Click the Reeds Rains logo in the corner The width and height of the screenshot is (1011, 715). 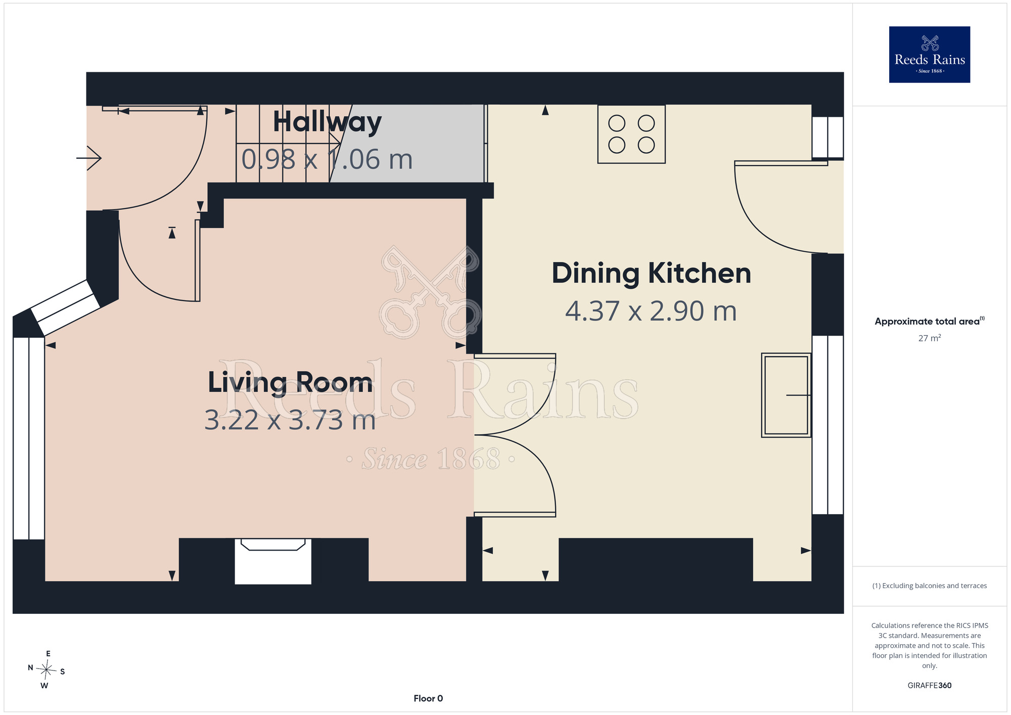(x=929, y=55)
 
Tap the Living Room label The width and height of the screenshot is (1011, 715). (x=290, y=383)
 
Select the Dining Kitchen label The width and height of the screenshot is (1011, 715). (x=651, y=274)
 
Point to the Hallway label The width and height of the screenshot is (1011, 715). (x=327, y=122)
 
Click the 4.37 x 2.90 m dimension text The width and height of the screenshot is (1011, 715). (x=651, y=311)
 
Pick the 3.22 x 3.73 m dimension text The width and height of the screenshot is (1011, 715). (x=290, y=420)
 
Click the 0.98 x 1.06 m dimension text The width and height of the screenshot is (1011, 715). (x=327, y=159)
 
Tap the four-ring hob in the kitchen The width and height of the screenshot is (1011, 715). (x=631, y=134)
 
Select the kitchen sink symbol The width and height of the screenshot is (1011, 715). (x=786, y=395)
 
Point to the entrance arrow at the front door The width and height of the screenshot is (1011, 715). (x=89, y=158)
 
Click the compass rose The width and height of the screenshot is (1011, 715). (x=47, y=671)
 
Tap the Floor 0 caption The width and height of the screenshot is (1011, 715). (x=428, y=698)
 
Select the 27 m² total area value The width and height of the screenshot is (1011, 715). (x=929, y=338)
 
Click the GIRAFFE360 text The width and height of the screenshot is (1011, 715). (x=929, y=686)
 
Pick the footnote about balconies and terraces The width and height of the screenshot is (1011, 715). (x=929, y=586)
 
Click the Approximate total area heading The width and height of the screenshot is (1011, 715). (x=929, y=321)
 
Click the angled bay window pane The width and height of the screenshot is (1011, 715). (x=66, y=307)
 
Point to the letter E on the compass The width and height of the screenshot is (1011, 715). (x=48, y=654)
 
